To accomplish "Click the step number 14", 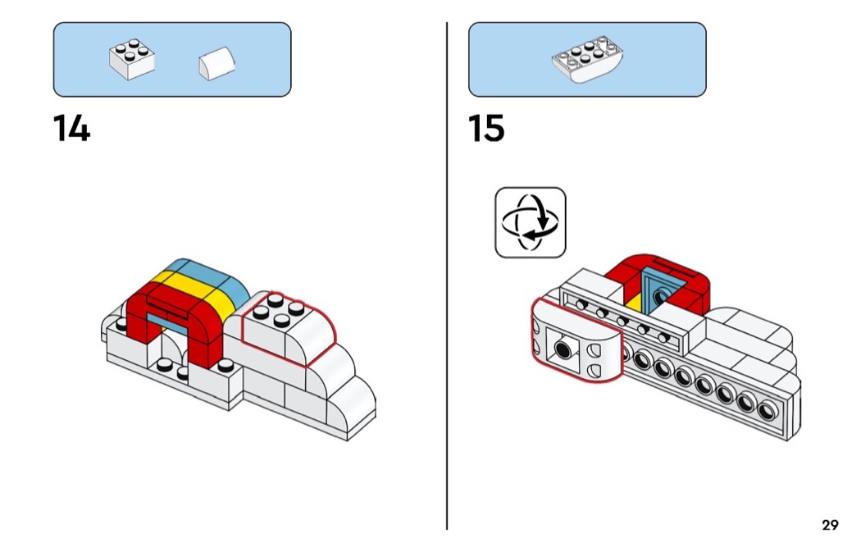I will click(x=72, y=128).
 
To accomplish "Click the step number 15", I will click(x=486, y=128).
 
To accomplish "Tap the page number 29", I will click(x=829, y=525).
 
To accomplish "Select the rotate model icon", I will click(x=530, y=222).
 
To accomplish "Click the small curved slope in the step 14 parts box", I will click(x=216, y=64).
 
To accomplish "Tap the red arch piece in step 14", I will click(x=176, y=320).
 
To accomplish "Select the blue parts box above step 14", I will click(x=172, y=59).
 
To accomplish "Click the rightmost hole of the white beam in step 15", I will click(x=767, y=411).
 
